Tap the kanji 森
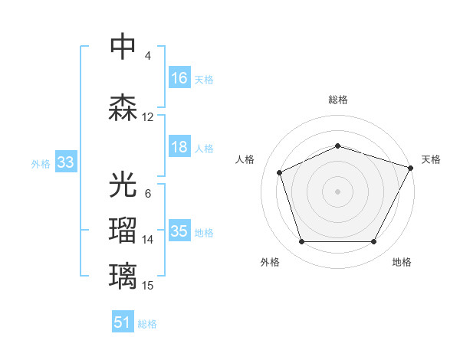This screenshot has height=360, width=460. (x=123, y=106)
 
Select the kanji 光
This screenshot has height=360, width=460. (x=123, y=184)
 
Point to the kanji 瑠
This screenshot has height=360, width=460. (x=123, y=229)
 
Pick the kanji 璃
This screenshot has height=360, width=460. (x=123, y=274)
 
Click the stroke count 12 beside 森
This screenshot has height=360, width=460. (x=148, y=117)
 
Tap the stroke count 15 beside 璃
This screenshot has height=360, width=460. (x=148, y=286)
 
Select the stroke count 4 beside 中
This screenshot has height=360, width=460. (x=148, y=56)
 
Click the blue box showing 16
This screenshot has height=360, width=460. (x=179, y=78)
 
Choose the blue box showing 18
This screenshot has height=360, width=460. (x=179, y=147)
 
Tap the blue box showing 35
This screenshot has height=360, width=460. (x=179, y=231)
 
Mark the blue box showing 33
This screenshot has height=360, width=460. (x=65, y=162)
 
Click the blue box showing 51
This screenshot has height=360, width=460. (x=122, y=322)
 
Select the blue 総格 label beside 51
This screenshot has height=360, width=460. (x=147, y=324)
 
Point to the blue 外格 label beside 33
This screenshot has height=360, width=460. (x=41, y=164)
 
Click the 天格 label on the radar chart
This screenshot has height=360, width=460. (x=431, y=159)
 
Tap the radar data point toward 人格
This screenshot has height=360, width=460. (x=280, y=172)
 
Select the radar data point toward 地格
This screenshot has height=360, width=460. (x=373, y=242)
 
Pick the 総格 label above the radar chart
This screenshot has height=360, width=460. (x=337, y=100)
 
